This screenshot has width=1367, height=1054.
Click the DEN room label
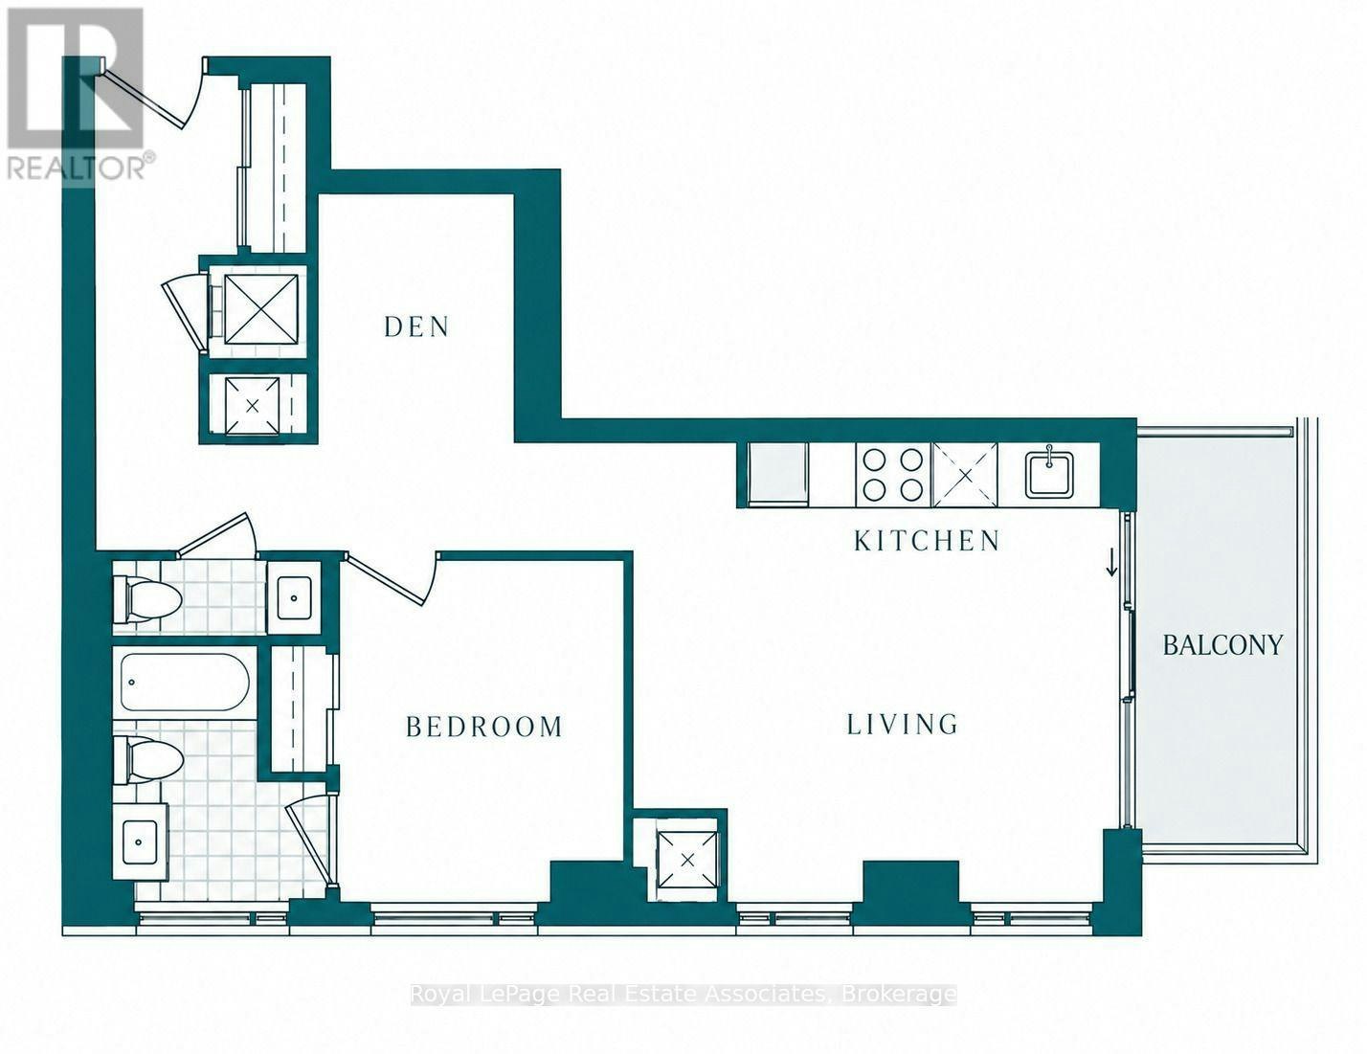pos(416,326)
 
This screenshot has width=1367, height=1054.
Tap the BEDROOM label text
pos(483,727)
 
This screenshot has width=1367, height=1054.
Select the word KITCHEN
pos(927,541)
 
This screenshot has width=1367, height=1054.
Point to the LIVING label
pos(902,724)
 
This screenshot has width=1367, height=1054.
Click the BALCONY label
pos(1222,645)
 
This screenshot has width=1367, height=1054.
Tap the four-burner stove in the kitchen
pos(893,475)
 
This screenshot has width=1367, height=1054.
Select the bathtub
pos(185,683)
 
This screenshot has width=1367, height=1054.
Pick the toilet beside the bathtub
pos(147,760)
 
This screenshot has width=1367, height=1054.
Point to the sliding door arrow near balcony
pos(1111,562)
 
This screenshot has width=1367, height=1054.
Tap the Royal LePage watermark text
pos(683,995)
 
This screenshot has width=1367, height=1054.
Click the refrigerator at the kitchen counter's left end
pos(777,475)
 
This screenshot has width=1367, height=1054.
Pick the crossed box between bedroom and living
pos(687,860)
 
